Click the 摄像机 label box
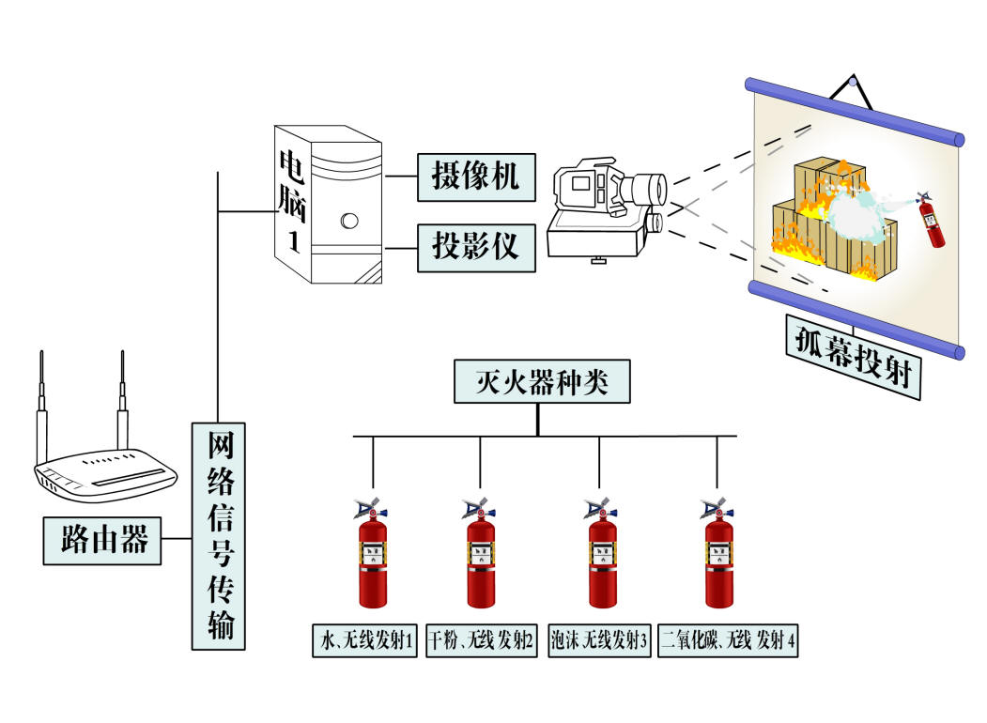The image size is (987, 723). click(x=475, y=177)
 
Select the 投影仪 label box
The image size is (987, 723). click(x=475, y=248)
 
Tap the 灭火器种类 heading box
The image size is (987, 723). click(x=537, y=381)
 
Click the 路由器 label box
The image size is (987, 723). click(x=102, y=541)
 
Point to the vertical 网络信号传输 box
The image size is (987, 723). click(x=219, y=535)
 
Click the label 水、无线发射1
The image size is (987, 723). click(x=364, y=642)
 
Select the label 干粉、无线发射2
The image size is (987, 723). click(x=482, y=642)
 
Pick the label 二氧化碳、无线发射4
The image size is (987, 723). click(x=729, y=642)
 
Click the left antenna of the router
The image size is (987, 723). click(x=41, y=404)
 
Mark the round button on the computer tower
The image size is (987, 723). click(x=349, y=222)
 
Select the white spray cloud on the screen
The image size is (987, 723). click(x=859, y=211)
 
